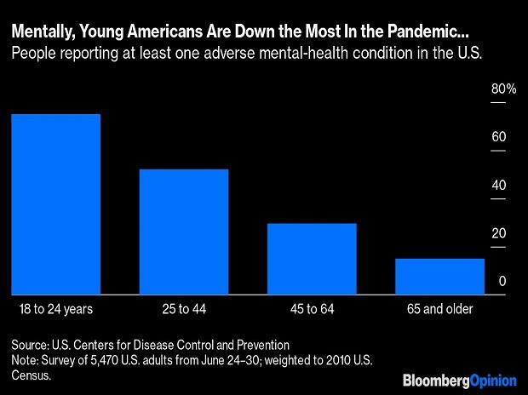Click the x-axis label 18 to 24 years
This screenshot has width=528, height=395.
tap(55, 307)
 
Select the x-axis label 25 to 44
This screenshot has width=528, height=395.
tap(184, 307)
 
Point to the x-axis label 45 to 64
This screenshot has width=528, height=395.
tap(312, 307)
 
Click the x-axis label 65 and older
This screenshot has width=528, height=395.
tap(439, 307)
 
